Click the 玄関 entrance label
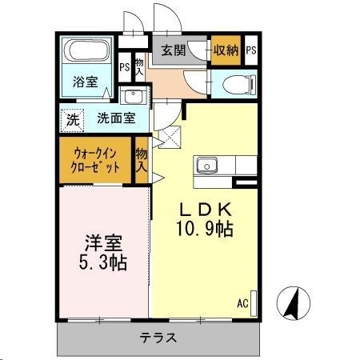174,50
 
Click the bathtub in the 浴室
88,53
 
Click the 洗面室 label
116,118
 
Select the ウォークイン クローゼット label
96,159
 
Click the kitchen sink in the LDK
206,166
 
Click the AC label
242,303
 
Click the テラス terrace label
158,338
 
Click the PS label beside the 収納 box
251,50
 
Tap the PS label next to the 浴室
124,67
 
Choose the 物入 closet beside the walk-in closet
142,160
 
